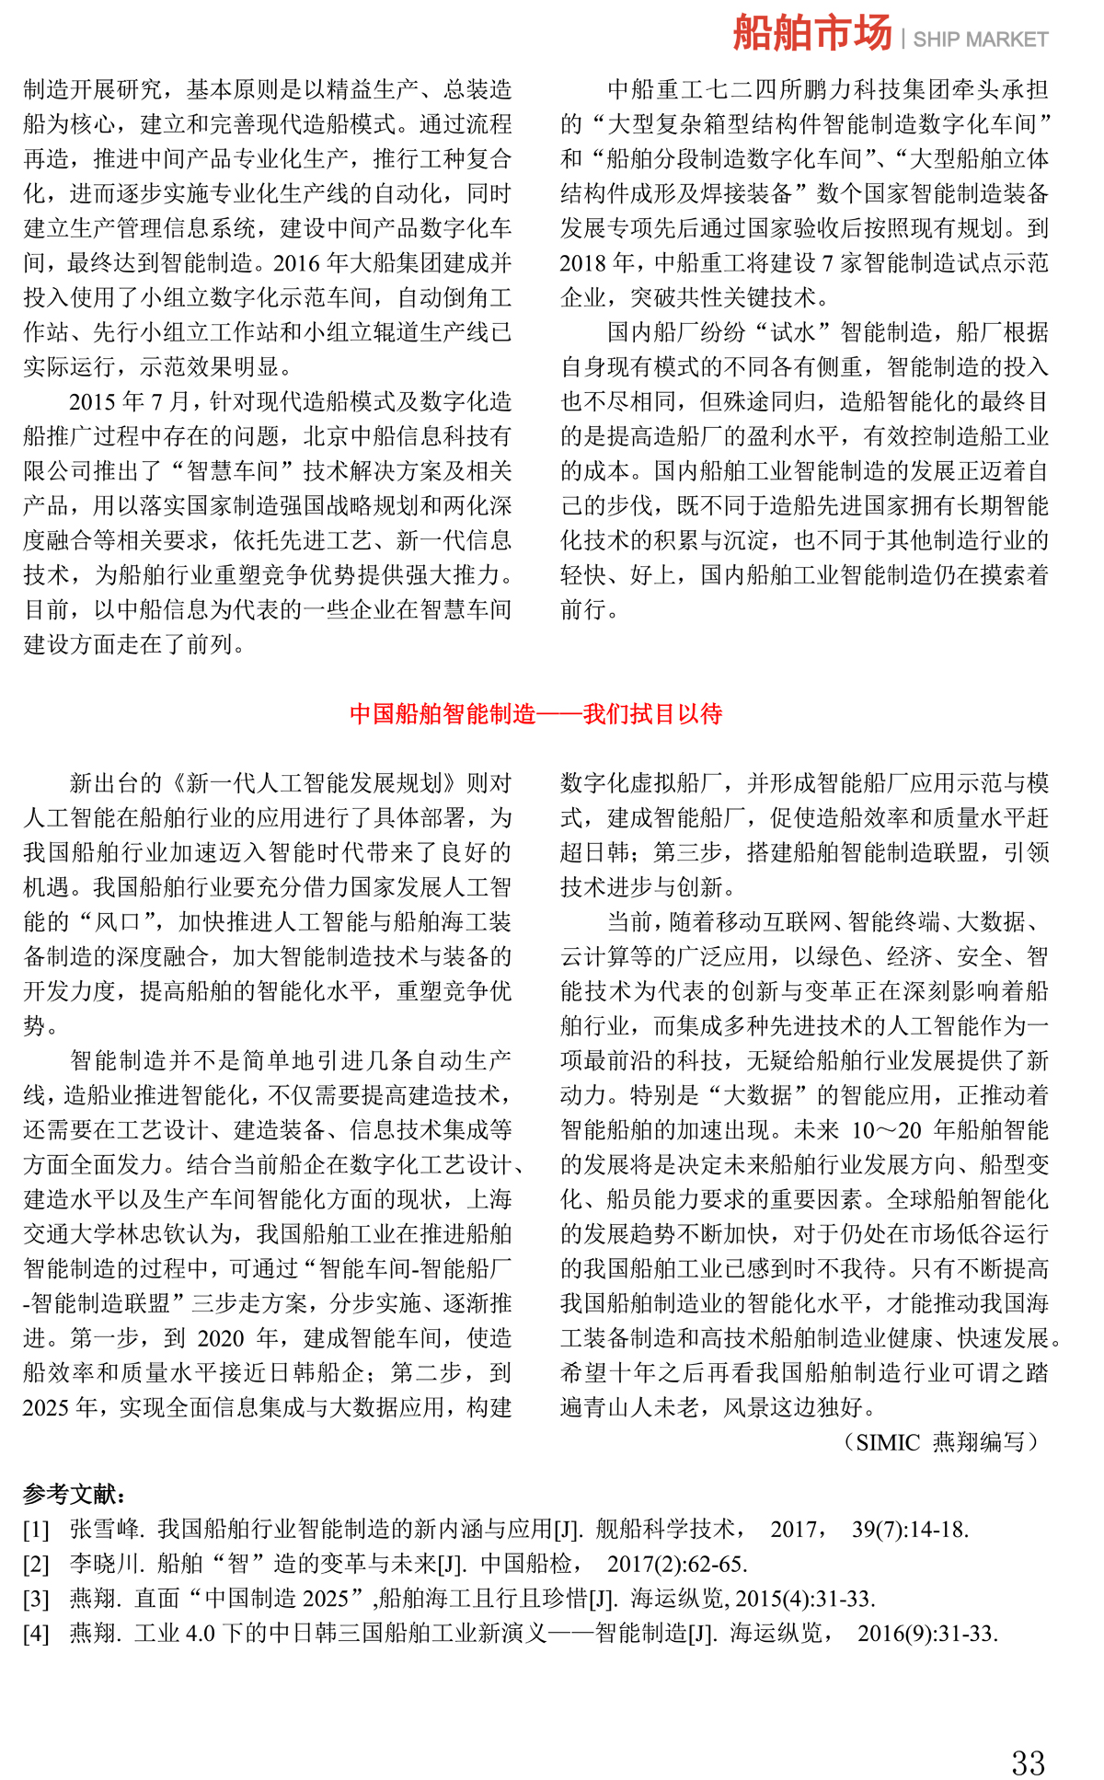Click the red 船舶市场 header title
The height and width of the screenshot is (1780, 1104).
click(811, 34)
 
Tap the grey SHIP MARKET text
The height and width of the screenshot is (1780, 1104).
click(980, 40)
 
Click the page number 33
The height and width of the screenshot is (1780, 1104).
click(1028, 1737)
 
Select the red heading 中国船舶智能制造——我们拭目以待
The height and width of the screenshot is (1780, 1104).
click(535, 713)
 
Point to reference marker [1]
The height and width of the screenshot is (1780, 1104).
click(36, 1530)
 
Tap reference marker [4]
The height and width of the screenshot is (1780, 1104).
click(36, 1634)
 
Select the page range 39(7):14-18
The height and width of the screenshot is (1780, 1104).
click(909, 1530)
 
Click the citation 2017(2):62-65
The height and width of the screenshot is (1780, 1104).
click(676, 1564)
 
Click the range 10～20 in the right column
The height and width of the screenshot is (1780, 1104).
click(885, 1130)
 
